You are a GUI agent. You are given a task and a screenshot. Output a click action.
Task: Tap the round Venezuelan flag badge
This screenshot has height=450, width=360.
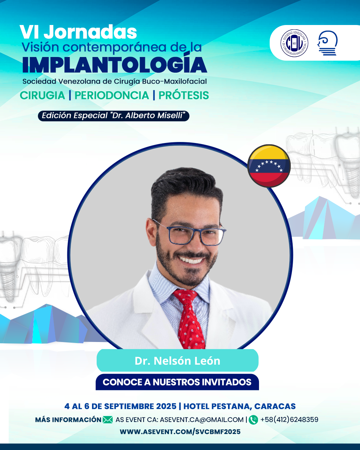pyautogui.click(x=269, y=166)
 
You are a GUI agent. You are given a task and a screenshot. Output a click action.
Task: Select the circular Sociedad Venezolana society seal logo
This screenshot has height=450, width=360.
pyautogui.click(x=294, y=43)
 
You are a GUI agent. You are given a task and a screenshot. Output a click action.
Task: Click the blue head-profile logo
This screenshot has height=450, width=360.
pyautogui.click(x=327, y=43)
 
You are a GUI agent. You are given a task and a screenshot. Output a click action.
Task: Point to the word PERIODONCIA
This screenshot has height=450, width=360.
pyautogui.click(x=112, y=95)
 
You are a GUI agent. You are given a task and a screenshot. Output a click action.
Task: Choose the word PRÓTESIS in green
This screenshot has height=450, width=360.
pyautogui.click(x=184, y=95)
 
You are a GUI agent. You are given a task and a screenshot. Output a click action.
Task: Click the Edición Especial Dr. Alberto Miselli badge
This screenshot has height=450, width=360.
pyautogui.click(x=114, y=116)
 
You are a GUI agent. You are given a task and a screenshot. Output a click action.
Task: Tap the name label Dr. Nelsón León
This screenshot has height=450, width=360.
pyautogui.click(x=177, y=361)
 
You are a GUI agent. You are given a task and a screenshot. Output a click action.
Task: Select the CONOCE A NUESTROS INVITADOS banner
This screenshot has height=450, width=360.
pyautogui.click(x=177, y=382)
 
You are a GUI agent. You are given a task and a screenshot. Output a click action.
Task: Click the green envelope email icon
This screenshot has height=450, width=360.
pyautogui.click(x=108, y=420)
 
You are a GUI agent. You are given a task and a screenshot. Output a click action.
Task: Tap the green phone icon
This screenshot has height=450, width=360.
pyautogui.click(x=253, y=420)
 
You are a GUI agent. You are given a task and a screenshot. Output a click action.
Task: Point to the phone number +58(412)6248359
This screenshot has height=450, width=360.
pyautogui.click(x=289, y=419)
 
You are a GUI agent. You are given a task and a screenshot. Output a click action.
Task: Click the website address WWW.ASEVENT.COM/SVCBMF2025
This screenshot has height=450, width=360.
pyautogui.click(x=180, y=432)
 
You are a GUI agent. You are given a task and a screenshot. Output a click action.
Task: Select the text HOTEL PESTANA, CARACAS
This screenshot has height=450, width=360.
pyautogui.click(x=240, y=406)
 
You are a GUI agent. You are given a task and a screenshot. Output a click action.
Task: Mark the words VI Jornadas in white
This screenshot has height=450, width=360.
pyautogui.click(x=78, y=32)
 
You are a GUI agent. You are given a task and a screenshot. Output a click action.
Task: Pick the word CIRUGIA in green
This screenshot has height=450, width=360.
pyautogui.click(x=42, y=95)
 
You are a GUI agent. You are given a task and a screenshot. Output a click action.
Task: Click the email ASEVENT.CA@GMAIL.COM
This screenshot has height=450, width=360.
pyautogui.click(x=202, y=420)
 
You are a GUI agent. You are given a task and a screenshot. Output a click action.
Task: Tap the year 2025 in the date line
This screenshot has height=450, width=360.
pyautogui.click(x=166, y=406)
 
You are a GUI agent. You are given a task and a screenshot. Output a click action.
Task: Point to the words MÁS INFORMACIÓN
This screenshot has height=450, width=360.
pyautogui.click(x=68, y=420)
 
